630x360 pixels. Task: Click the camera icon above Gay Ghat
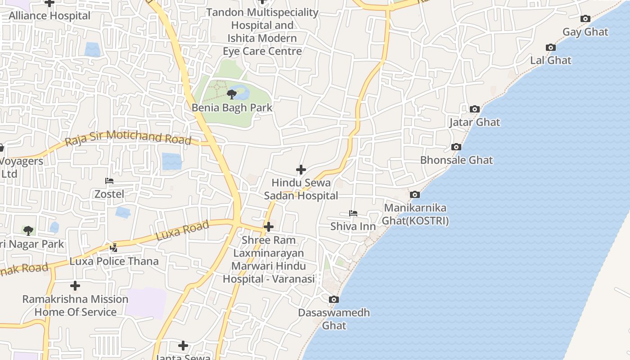585,19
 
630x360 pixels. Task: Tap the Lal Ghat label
550,60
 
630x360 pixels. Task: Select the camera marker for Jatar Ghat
474,109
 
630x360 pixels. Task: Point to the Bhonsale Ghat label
456,160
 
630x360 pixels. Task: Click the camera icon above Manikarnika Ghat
415,195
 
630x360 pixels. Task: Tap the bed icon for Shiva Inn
353,213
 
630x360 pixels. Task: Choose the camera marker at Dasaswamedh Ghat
333,300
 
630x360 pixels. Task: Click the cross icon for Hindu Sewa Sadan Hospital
301,170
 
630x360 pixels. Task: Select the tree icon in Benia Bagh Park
232,94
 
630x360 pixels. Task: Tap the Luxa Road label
182,230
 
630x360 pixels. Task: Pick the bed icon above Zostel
109,181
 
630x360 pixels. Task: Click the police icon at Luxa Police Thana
113,247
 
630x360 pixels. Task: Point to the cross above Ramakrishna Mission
75,286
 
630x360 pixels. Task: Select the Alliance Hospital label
49,16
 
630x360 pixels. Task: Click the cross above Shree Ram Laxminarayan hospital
269,227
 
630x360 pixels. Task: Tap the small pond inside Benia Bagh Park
242,93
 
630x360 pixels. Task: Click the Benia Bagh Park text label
232,108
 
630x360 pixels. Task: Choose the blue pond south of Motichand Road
171,161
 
